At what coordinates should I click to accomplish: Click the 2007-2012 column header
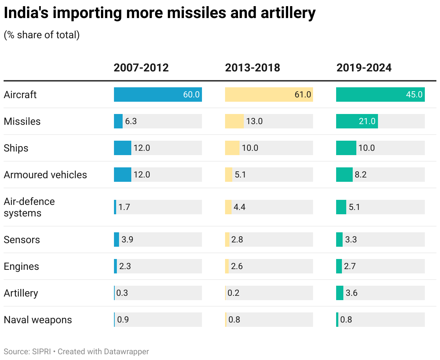coord(141,68)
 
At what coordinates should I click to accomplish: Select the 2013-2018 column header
coord(252,68)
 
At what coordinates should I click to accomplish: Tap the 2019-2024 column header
coord(364,68)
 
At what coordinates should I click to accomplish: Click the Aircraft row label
coord(20,95)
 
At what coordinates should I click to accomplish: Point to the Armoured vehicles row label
coord(45,175)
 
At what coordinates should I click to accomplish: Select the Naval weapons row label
coord(38,320)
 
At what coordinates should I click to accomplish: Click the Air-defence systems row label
coord(29,207)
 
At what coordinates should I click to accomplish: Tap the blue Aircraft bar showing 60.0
coord(158,95)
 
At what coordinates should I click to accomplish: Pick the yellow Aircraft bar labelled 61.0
coord(269,95)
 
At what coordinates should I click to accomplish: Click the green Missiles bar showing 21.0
coord(357,121)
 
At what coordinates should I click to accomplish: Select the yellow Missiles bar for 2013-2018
coord(234,121)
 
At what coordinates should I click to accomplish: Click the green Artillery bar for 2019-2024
coord(339,293)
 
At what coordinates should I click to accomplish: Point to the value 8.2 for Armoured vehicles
coord(361,175)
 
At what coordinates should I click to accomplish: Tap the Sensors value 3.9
coord(127,240)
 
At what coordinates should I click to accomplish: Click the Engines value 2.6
coord(237,266)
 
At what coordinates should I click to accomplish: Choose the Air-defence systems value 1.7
coord(124,207)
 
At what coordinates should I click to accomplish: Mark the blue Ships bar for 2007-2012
coord(122,148)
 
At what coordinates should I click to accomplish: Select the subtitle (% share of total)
coord(42,35)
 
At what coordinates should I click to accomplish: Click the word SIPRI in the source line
coord(41,351)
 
